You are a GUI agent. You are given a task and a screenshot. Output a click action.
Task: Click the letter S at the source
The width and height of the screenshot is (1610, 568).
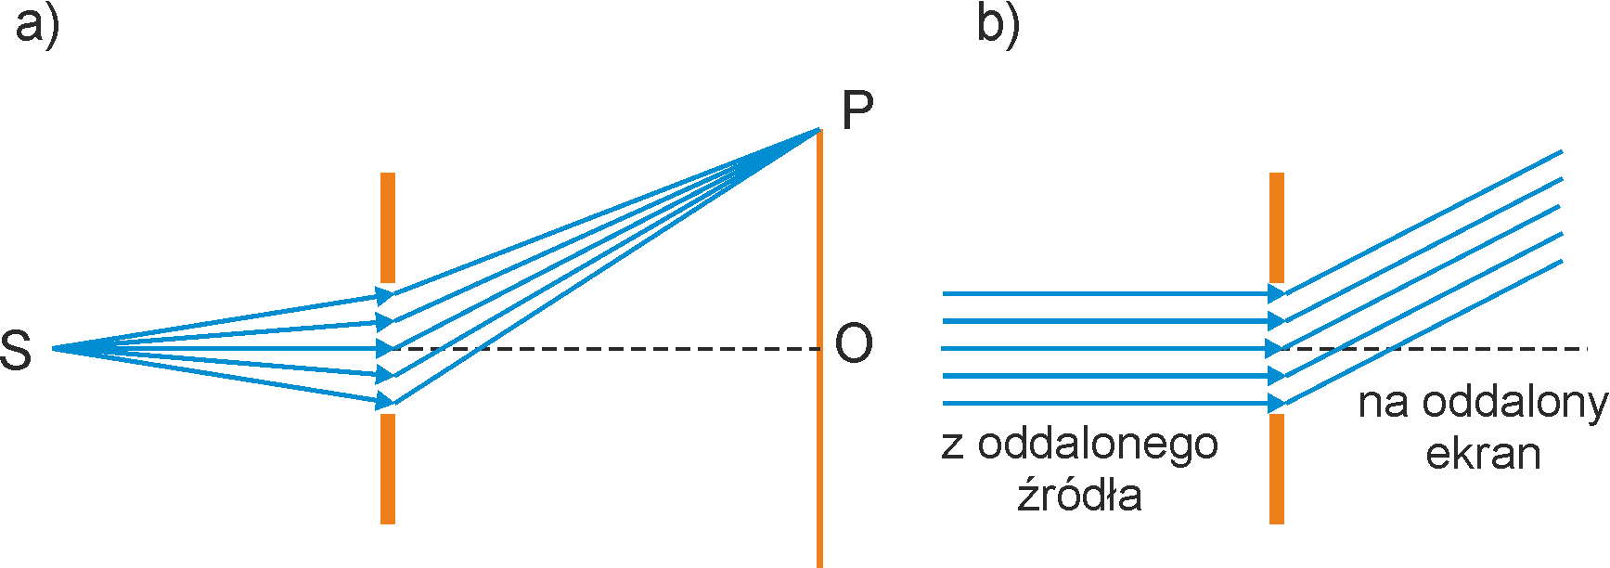tap(16, 351)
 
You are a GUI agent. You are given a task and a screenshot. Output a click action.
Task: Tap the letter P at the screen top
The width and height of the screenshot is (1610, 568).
tap(857, 111)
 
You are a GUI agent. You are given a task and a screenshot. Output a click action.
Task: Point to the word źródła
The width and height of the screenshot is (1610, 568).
tap(1079, 494)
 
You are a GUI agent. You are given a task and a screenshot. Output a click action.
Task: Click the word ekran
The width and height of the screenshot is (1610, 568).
tap(1483, 453)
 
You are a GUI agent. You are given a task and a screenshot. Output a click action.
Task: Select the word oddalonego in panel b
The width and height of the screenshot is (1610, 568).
tap(1098, 444)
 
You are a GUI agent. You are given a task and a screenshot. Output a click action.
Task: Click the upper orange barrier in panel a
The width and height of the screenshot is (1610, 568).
tap(388, 227)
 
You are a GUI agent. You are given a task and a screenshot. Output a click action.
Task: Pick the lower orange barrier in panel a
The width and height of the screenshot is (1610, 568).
tap(388, 469)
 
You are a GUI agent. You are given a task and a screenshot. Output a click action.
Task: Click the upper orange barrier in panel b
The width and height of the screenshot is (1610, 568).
tap(1277, 227)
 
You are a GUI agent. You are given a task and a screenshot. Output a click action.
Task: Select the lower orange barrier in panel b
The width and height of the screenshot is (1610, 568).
tap(1277, 469)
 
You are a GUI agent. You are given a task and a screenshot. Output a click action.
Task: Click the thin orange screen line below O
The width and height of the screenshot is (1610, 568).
tap(819, 464)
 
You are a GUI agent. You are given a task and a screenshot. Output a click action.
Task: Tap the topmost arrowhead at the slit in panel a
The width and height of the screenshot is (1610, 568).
tap(384, 296)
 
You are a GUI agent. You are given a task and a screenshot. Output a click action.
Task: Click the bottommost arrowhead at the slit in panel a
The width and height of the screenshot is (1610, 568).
tap(384, 401)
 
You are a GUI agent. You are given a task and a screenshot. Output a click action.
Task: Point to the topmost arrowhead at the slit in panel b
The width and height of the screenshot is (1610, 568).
tap(1277, 293)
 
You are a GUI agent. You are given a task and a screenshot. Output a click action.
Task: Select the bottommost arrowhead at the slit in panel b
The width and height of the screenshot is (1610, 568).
tap(1277, 404)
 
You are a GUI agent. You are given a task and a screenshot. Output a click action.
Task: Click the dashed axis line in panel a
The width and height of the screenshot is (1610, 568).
tap(603, 349)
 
